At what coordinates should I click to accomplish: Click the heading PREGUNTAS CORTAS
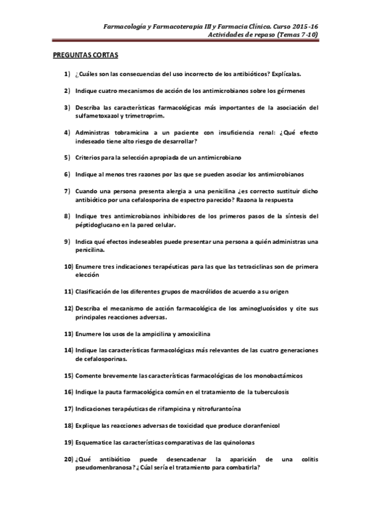coord(85,54)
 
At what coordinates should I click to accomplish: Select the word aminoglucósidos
coord(247,308)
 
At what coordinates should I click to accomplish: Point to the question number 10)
coord(69,266)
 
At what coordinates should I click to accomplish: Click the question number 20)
coord(69,459)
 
